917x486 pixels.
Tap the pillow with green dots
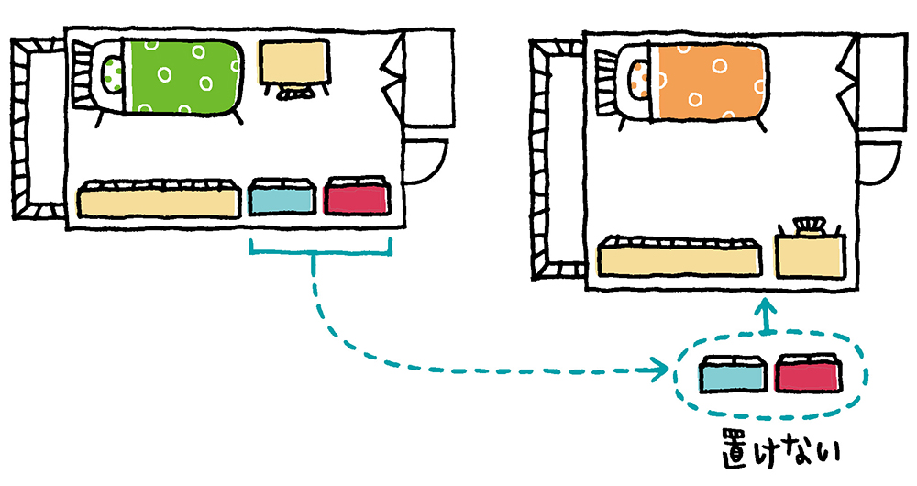(x=113, y=73)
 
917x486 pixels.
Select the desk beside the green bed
(x=293, y=61)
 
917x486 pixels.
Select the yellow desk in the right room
(x=809, y=258)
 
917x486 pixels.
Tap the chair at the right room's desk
(x=807, y=227)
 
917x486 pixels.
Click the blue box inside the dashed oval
(x=732, y=375)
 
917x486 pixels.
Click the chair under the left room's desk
(x=293, y=93)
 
